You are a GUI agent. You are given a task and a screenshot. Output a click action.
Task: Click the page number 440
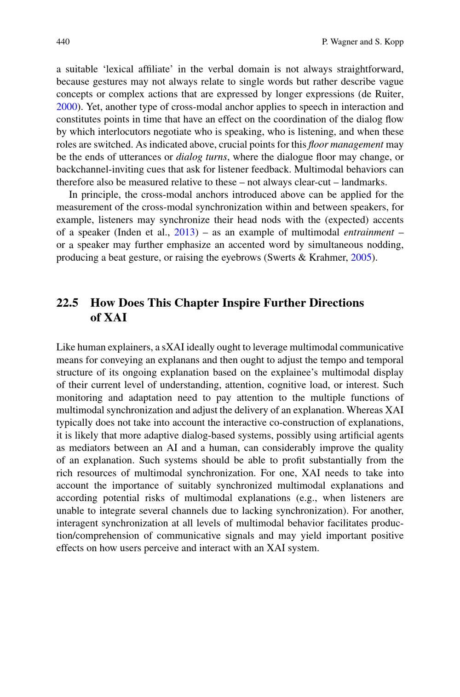coord(63,42)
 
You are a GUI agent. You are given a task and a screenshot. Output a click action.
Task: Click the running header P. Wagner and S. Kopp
coord(362,42)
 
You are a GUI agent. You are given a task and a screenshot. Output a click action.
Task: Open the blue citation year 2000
coord(66,107)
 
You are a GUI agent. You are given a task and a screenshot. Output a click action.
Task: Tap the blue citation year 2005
coord(361,257)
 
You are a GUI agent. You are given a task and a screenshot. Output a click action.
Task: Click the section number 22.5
coord(67,303)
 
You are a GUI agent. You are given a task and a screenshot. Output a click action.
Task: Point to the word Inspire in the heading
coord(241,303)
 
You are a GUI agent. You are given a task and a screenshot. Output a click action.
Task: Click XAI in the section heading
coord(115,318)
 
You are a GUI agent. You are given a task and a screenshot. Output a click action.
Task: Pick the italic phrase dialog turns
coord(201,157)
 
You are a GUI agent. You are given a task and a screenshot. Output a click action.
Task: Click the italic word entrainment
coord(368,232)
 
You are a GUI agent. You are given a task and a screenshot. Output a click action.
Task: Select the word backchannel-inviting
coord(98,169)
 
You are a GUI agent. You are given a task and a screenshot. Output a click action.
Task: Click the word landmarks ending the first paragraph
coord(367,182)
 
